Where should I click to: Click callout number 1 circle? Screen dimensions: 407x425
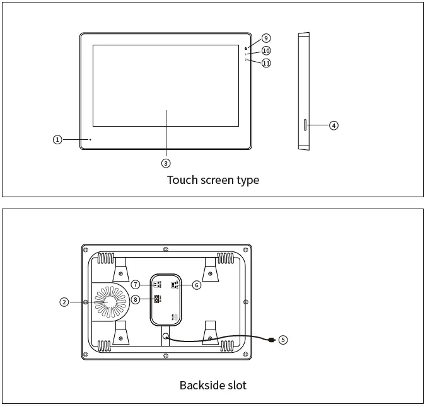click(57, 139)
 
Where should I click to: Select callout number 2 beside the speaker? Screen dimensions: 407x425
click(64, 302)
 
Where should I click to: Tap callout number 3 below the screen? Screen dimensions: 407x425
click(166, 163)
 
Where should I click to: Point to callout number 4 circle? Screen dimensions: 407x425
click(334, 125)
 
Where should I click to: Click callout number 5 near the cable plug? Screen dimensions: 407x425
click(283, 340)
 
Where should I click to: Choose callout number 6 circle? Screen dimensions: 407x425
click(197, 285)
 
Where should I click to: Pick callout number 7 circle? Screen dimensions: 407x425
click(136, 284)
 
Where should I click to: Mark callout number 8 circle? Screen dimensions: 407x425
click(136, 299)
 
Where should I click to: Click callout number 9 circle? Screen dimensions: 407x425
click(266, 38)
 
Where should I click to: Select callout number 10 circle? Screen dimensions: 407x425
click(266, 50)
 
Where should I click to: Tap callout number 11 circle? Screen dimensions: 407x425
click(266, 63)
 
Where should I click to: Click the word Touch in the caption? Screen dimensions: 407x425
click(182, 180)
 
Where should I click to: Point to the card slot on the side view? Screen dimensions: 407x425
click(305, 125)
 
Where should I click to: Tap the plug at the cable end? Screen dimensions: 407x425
click(271, 341)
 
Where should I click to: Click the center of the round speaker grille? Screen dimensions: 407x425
click(110, 302)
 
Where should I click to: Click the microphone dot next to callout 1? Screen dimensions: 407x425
click(90, 139)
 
